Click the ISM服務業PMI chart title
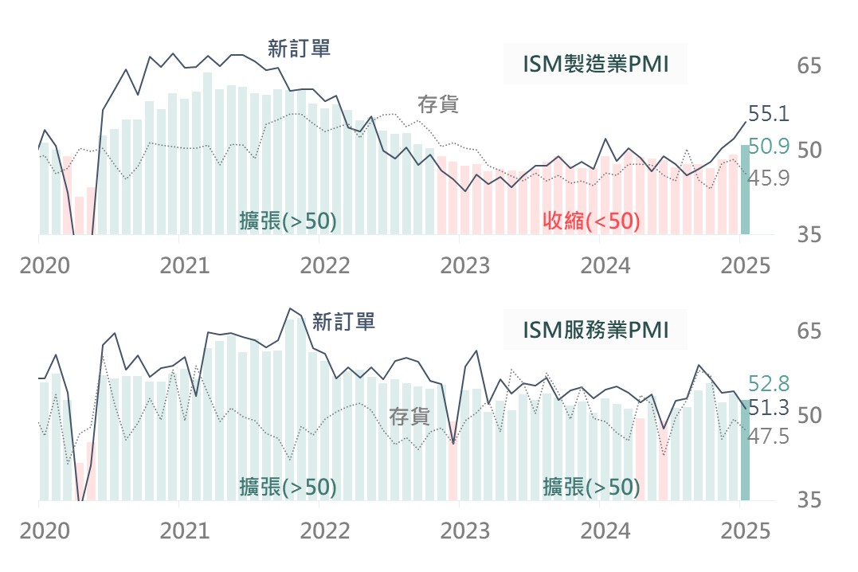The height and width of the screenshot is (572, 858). point(594,330)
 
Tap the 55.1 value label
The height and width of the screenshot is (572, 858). point(768,114)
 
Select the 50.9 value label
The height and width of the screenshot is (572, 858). point(768,146)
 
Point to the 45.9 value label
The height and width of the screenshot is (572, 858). point(768,178)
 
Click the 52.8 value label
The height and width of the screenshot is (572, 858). point(768,383)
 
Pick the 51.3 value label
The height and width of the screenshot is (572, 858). point(768,408)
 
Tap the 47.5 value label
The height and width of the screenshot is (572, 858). point(768,437)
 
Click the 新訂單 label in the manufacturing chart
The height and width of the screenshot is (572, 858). point(299,49)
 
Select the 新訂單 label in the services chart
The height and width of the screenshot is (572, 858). point(343,322)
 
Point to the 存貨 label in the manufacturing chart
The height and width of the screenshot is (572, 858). point(438,104)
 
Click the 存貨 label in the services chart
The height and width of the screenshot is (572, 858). point(409,416)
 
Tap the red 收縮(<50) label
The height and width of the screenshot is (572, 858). point(591,221)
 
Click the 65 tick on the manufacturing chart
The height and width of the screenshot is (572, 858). point(809,66)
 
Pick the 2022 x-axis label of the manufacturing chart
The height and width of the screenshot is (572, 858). point(325,265)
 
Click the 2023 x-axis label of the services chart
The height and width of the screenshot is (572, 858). point(465,531)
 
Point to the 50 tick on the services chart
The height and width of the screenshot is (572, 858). point(809,415)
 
